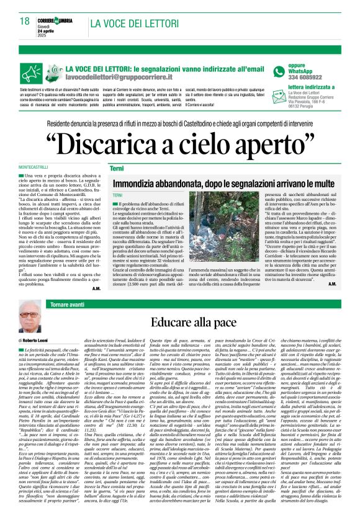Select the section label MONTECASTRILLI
tap(35, 169)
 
